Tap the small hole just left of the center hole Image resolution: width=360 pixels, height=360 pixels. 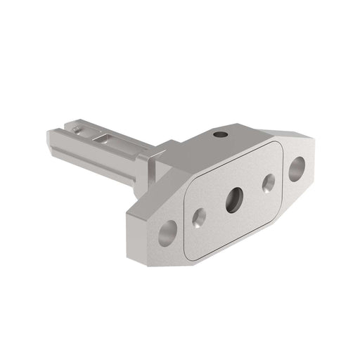(x=199, y=217)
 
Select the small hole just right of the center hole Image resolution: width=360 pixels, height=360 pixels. (x=269, y=183)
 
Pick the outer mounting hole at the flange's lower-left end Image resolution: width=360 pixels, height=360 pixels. (x=167, y=233)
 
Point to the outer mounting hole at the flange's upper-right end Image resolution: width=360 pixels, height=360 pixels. (x=297, y=169)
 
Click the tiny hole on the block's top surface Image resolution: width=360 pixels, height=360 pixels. (x=221, y=134)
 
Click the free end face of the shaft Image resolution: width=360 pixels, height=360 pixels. (x=56, y=140)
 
